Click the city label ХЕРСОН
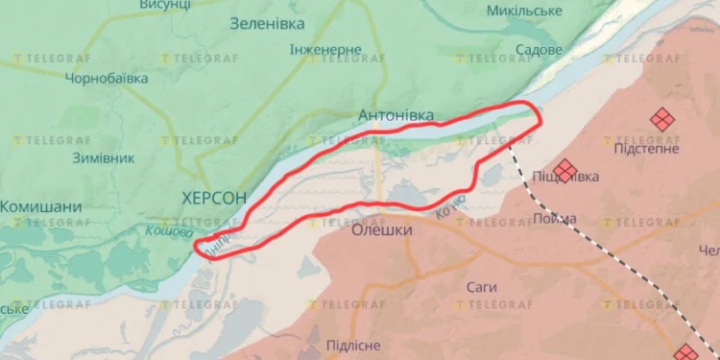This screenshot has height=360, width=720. pyautogui.click(x=214, y=198)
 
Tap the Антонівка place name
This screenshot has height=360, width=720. pyautogui.click(x=396, y=116)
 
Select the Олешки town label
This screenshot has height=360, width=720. pyautogui.click(x=382, y=230)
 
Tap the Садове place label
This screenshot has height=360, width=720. pyautogui.click(x=539, y=49)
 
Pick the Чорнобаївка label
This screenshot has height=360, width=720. pyautogui.click(x=107, y=78)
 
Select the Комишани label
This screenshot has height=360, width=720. pyautogui.click(x=40, y=206)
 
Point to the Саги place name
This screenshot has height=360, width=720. pyautogui.click(x=481, y=286)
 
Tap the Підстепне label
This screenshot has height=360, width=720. pyautogui.click(x=646, y=149)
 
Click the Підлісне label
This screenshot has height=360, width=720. pyautogui.click(x=352, y=345)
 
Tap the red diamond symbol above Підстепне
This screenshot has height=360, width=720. pyautogui.click(x=660, y=120)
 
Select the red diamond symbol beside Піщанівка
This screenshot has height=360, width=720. pyautogui.click(x=565, y=171)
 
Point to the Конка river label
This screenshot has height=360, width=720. pyautogui.click(x=450, y=205)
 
